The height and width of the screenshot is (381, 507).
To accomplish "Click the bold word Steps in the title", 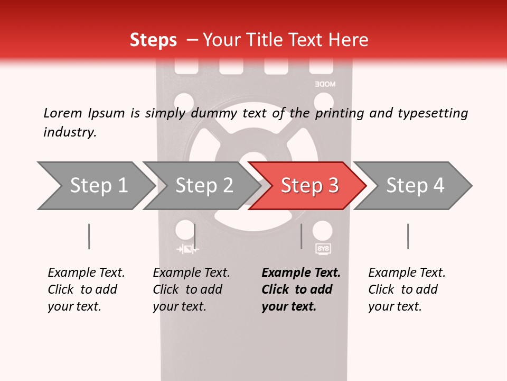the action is pos(153,40).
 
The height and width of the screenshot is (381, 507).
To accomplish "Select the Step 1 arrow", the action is pos(96,186).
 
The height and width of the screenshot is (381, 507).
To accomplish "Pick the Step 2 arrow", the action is pos(202,186).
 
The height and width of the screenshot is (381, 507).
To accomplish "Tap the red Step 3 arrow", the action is pos(307,186).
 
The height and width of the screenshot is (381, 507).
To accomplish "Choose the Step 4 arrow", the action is pos(412,186).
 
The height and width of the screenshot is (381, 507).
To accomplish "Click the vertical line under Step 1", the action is pos(89,236).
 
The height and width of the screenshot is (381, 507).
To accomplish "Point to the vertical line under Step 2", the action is pos(194,236).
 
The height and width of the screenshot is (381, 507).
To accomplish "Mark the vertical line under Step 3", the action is pos(302,236).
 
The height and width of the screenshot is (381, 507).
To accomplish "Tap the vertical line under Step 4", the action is pos(408,236).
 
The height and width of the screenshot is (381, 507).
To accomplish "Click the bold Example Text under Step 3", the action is pos(301,273).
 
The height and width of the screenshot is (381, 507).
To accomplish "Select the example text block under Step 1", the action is pos(86,289).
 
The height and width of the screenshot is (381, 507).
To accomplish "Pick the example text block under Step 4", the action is pos(407,289).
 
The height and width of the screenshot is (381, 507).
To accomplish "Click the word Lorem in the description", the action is pos(63,113).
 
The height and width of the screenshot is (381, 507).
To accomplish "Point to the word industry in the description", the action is pos(70,132).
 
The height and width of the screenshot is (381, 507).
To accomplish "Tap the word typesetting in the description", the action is pos(433,113).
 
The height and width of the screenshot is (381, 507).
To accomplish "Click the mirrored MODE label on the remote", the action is pos(325,84).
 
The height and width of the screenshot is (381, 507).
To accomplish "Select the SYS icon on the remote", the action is pos(323,249).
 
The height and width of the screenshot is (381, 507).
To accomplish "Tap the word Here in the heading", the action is pos(348,40).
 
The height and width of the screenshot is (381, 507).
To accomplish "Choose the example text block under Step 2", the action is pos(191,289).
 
